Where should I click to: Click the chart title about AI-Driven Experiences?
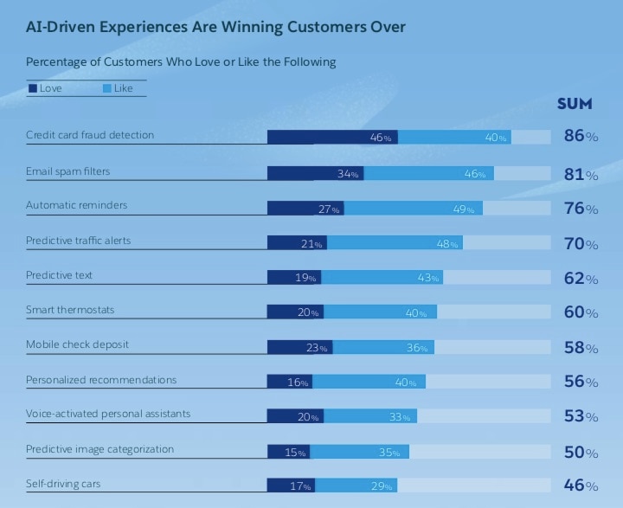tap(215, 27)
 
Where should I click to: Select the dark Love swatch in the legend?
tap(33, 88)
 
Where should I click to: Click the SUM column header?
tap(575, 104)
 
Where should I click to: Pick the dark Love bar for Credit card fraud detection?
tap(332, 137)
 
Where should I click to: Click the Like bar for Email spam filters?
tap(428, 173)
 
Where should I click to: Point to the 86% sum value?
tap(581, 136)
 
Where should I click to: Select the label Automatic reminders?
tap(77, 205)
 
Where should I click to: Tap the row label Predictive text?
tap(59, 275)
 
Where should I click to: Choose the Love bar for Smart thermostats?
tap(295, 312)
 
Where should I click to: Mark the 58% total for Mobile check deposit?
tap(581, 347)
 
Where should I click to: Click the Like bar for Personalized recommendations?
tap(369, 382)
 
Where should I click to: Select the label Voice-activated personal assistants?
tap(108, 414)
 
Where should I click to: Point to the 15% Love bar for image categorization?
tap(288, 452)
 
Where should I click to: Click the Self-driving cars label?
tap(63, 483)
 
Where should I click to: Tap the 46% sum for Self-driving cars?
tap(581, 485)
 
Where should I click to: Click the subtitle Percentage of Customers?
tap(181, 62)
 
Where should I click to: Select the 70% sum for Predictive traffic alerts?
tap(581, 244)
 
